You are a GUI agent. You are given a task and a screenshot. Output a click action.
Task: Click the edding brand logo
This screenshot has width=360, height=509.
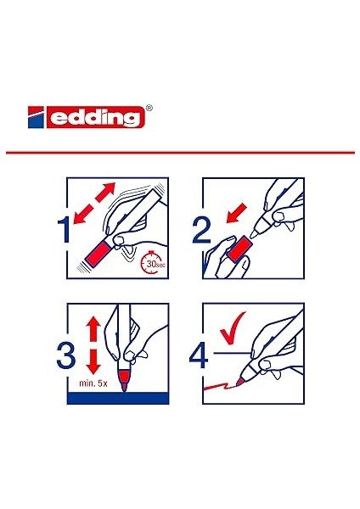point(87,117)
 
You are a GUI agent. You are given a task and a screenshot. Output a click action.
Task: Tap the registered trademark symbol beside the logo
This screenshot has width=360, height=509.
point(149,108)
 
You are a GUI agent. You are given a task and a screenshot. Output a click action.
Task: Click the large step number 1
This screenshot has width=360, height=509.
point(64,230)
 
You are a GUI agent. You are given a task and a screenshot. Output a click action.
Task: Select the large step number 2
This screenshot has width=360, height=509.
point(202,230)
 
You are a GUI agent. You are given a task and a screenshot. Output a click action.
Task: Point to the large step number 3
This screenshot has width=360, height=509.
point(66,355)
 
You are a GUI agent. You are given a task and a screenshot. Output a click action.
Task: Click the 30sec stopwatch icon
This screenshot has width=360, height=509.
point(152,263)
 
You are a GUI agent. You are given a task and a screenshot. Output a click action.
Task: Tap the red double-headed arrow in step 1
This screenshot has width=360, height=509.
point(94,204)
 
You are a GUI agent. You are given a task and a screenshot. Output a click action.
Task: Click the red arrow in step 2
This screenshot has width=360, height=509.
point(237,214)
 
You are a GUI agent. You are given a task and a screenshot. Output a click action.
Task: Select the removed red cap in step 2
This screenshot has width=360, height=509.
point(239,249)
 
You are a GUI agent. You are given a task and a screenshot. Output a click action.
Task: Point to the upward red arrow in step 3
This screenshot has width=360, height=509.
point(93,328)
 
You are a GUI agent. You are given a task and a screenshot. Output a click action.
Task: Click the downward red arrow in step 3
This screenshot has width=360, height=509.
point(93,362)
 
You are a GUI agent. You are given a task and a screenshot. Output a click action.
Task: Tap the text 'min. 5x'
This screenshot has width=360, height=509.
point(93,383)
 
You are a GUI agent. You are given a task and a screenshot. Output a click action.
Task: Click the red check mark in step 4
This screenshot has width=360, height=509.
point(233,328)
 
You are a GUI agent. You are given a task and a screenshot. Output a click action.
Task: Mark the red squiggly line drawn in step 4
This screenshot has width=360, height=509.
point(219,386)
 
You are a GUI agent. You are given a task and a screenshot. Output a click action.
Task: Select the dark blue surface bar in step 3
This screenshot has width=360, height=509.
point(118,398)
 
